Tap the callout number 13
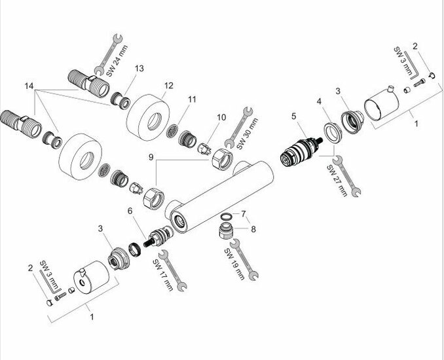pyautogui.click(x=139, y=68)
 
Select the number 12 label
pyautogui.click(x=169, y=85)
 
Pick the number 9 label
pyautogui.click(x=152, y=157)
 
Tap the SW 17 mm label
pyautogui.click(x=160, y=276)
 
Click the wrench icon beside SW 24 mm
pyautogui.click(x=106, y=53)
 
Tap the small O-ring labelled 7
pyautogui.click(x=225, y=217)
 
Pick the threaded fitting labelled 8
pyautogui.click(x=225, y=231)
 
